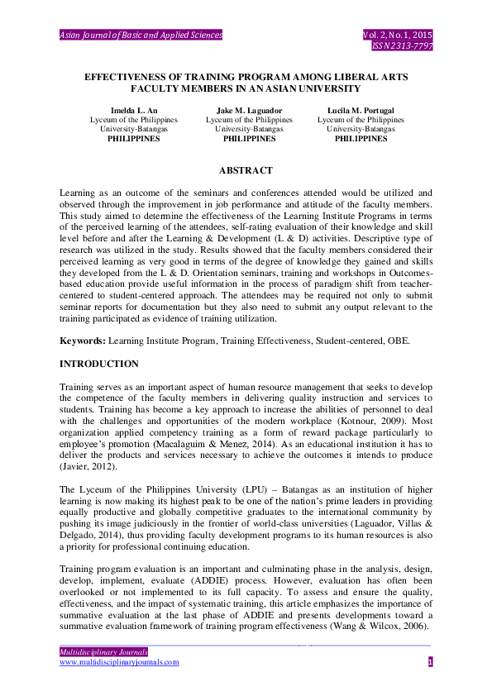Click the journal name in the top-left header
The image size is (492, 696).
(x=141, y=36)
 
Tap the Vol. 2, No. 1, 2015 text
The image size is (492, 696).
(x=397, y=36)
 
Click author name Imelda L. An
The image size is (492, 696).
(x=134, y=110)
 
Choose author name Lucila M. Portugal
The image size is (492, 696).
(x=361, y=110)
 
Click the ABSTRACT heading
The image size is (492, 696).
(x=246, y=171)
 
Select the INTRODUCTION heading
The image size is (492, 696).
(x=99, y=364)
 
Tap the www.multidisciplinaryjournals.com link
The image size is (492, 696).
(x=119, y=662)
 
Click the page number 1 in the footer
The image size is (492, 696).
(x=430, y=662)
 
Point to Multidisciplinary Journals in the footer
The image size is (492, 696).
(x=103, y=652)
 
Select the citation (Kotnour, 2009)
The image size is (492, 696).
(x=393, y=421)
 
